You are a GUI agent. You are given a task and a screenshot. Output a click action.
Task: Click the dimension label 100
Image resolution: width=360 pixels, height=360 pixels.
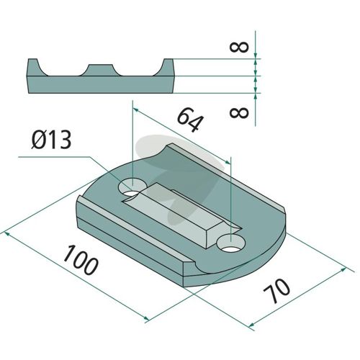coord(81,260)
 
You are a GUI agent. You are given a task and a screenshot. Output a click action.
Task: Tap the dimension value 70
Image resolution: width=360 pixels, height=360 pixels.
coord(276,291)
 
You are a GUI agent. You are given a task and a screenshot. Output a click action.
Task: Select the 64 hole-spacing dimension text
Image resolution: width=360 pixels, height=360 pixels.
coord(191,120)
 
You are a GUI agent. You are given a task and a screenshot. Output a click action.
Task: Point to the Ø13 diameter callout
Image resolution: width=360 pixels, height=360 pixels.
coord(51,140)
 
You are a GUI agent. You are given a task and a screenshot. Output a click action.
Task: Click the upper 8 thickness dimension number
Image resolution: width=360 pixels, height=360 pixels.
coord(239,47)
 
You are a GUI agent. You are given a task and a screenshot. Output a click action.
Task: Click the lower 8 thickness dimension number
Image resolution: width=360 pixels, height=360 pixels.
coord(239,112)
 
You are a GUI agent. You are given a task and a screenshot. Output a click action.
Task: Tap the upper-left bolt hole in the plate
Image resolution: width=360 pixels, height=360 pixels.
coord(132,186)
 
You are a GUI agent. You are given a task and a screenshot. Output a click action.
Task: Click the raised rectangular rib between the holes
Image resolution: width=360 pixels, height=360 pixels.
coord(181,215)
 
